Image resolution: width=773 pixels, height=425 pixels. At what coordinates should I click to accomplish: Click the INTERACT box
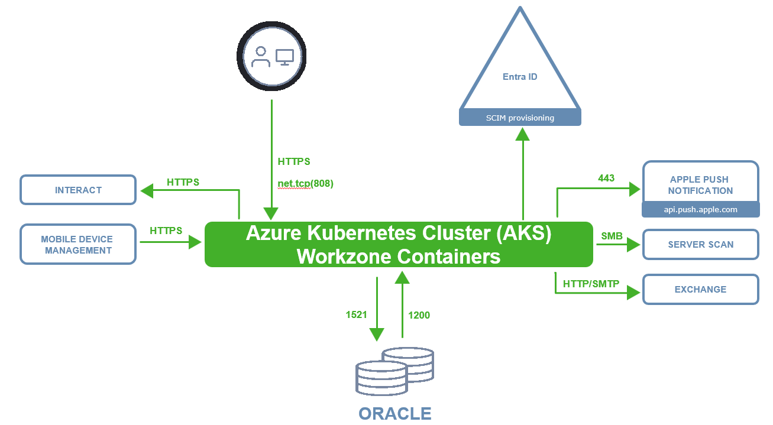pyautogui.click(x=78, y=190)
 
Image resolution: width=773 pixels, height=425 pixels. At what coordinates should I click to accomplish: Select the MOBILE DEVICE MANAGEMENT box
pyautogui.click(x=78, y=245)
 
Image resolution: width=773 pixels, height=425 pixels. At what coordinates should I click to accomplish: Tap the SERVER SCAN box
pyautogui.click(x=700, y=245)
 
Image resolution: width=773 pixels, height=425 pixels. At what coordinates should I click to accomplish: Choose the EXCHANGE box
pyautogui.click(x=700, y=290)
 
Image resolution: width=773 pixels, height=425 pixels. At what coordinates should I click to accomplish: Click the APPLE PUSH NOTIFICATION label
pyautogui.click(x=700, y=184)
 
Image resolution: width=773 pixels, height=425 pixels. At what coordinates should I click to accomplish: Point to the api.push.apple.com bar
pyautogui.click(x=700, y=210)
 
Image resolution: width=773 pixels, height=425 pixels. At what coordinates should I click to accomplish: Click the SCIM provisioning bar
pyautogui.click(x=520, y=118)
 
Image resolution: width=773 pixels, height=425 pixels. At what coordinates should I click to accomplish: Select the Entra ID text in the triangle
pyautogui.click(x=520, y=77)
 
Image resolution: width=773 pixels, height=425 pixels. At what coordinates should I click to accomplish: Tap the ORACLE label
pyautogui.click(x=394, y=413)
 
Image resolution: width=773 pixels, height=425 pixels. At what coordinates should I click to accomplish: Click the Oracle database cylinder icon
pyautogui.click(x=394, y=371)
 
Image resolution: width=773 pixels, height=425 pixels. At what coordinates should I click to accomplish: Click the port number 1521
pyautogui.click(x=357, y=315)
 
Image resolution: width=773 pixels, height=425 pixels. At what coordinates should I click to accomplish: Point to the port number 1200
pyautogui.click(x=419, y=315)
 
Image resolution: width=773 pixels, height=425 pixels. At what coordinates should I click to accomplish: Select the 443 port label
pyautogui.click(x=606, y=178)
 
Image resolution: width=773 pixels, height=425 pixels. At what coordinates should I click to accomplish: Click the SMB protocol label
pyautogui.click(x=612, y=236)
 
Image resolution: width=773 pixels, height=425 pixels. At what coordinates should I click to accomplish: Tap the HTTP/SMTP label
pyautogui.click(x=591, y=284)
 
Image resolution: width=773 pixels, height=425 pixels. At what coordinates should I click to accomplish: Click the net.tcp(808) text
pyautogui.click(x=305, y=183)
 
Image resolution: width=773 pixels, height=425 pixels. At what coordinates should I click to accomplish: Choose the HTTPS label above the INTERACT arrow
pyautogui.click(x=183, y=182)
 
